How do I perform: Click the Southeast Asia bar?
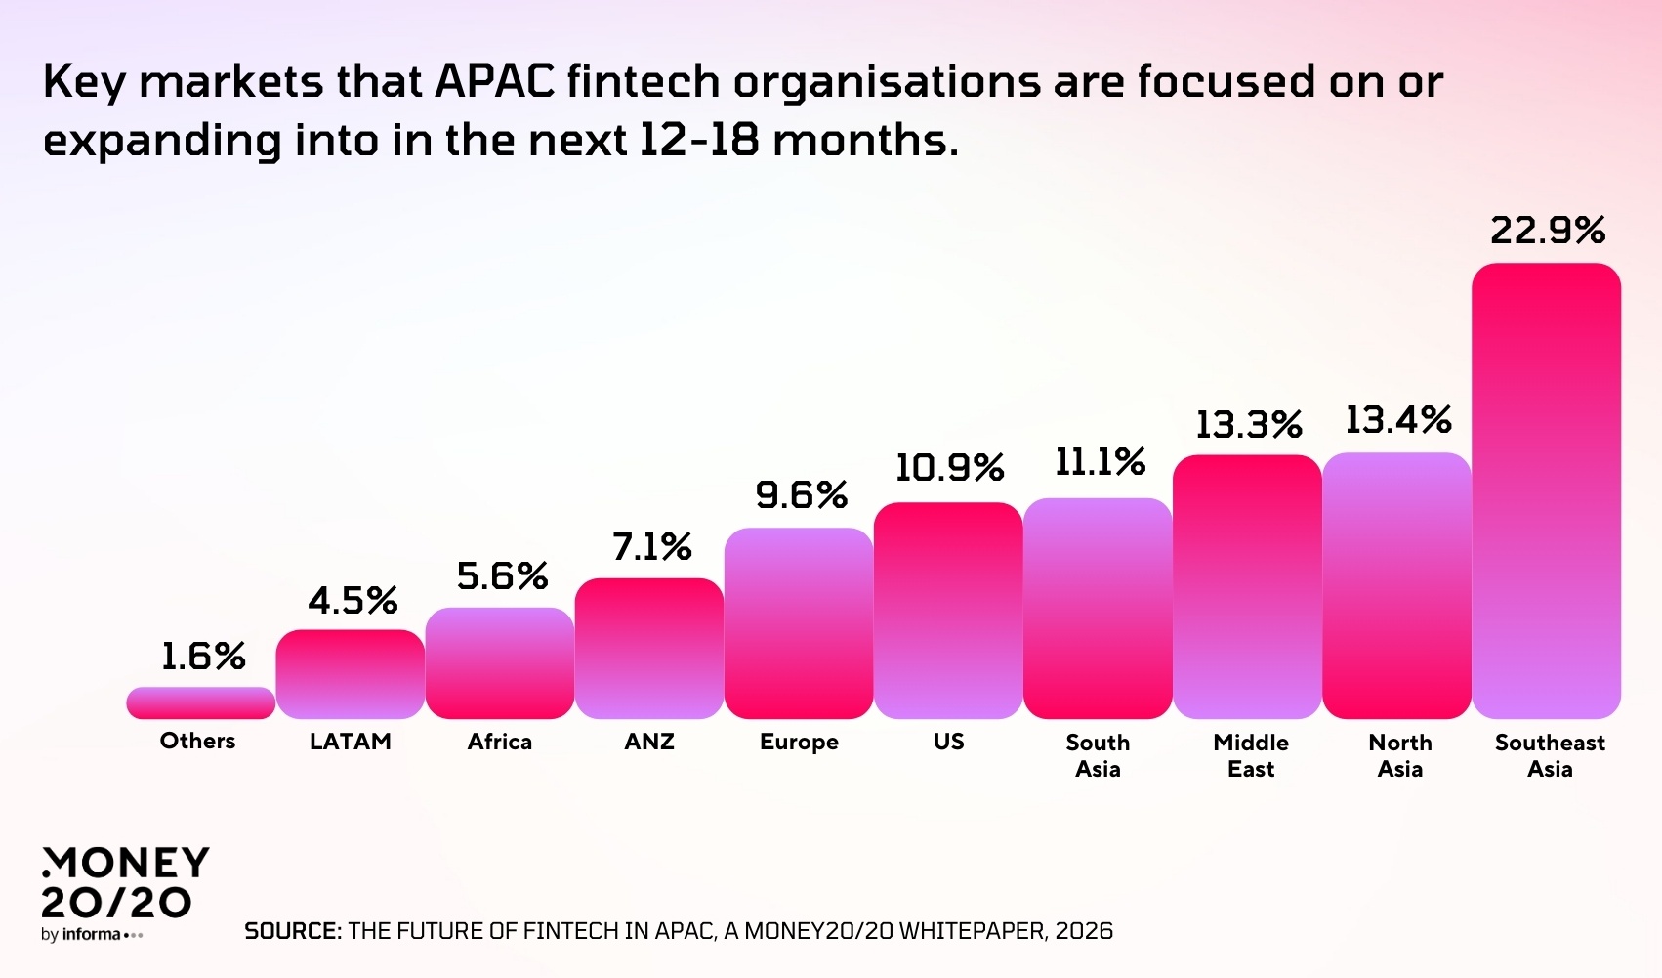coord(1546,491)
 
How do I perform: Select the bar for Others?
coord(201,703)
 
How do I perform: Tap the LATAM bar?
coord(351,674)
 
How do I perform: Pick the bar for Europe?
coord(799,623)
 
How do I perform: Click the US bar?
coord(948,611)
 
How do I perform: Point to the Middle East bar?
coord(1247,587)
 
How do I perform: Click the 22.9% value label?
coord(1548,232)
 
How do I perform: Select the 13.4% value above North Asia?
coord(1397,421)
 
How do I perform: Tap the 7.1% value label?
coord(651,547)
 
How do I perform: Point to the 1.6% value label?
coord(202,657)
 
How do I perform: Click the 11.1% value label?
coord(1100,462)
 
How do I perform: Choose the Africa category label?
coord(500,742)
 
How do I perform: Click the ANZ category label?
coord(649,742)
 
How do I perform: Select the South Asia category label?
coord(1098,755)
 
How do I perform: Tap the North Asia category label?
coord(1399,755)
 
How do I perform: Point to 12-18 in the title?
coord(698,141)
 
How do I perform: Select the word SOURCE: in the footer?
coord(292,931)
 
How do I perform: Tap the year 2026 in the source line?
coord(1084,931)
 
